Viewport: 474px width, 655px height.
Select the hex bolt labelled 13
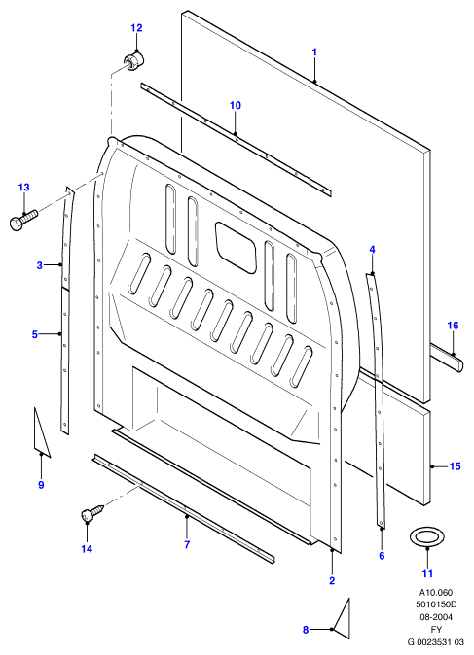point(23,221)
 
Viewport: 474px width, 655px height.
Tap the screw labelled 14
point(92,513)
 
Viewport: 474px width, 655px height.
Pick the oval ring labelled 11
point(426,536)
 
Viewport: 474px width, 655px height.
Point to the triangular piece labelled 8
point(343,619)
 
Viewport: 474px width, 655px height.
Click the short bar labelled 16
point(446,358)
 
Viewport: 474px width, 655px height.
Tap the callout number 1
point(314,52)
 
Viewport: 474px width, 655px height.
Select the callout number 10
point(236,105)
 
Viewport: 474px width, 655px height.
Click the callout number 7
point(187,544)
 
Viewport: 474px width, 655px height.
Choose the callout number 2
point(332,580)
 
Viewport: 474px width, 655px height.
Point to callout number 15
point(456,466)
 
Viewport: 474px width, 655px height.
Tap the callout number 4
point(372,250)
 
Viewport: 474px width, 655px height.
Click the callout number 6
point(382,556)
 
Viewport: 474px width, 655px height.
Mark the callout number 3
point(39,265)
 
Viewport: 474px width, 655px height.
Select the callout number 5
point(35,334)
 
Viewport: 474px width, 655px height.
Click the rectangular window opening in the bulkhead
point(236,247)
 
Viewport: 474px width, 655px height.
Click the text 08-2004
point(436,616)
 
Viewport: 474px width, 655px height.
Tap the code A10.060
point(436,593)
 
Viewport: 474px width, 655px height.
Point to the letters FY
point(436,629)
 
